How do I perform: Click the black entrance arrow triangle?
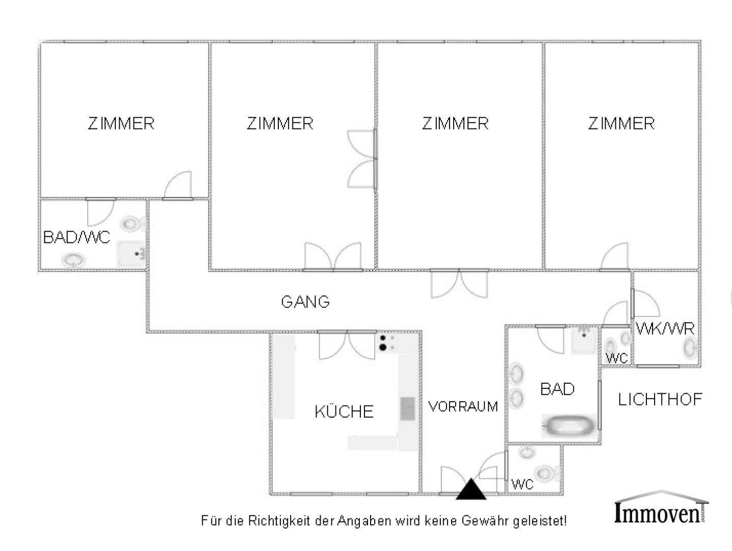pyautogui.click(x=470, y=489)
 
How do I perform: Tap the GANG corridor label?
pyautogui.click(x=305, y=302)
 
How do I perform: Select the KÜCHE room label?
pyautogui.click(x=344, y=411)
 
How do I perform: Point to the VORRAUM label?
pyautogui.click(x=463, y=406)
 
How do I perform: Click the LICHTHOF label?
pyautogui.click(x=660, y=399)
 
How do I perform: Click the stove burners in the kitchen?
pyautogui.click(x=387, y=343)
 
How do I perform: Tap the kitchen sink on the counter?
pyautogui.click(x=407, y=409)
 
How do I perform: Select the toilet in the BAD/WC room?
pyautogui.click(x=133, y=223)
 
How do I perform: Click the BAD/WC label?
pyautogui.click(x=76, y=237)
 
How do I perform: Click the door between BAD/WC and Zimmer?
pyautogui.click(x=101, y=212)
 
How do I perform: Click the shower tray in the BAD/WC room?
pyautogui.click(x=131, y=254)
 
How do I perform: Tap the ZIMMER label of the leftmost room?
pyautogui.click(x=121, y=123)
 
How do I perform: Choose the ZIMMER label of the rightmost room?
pyautogui.click(x=621, y=123)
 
